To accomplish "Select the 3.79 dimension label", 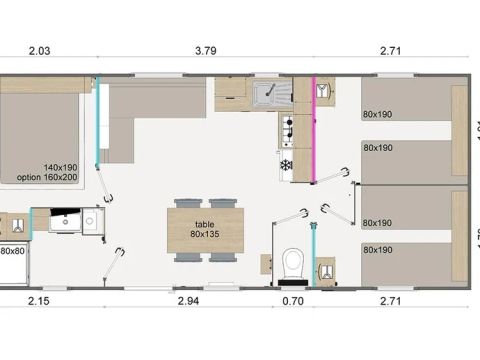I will pyautogui.click(x=205, y=49).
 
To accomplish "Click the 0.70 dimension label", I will pyautogui.click(x=291, y=300).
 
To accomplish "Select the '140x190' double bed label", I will pyautogui.click(x=61, y=168).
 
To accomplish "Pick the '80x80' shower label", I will pyautogui.click(x=12, y=251).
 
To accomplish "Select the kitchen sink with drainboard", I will pyautogui.click(x=268, y=96).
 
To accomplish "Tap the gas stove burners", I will pyautogui.click(x=287, y=129).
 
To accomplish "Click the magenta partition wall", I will pyautogui.click(x=313, y=130).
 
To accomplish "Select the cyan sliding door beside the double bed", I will pyautogui.click(x=97, y=130).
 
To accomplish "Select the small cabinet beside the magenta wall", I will pyautogui.click(x=324, y=92).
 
